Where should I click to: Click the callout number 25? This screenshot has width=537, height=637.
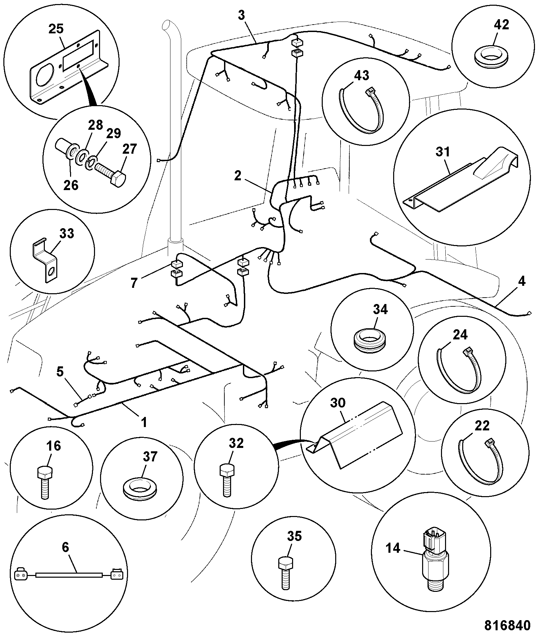tap(56, 29)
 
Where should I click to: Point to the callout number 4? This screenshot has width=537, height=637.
tap(522, 281)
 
